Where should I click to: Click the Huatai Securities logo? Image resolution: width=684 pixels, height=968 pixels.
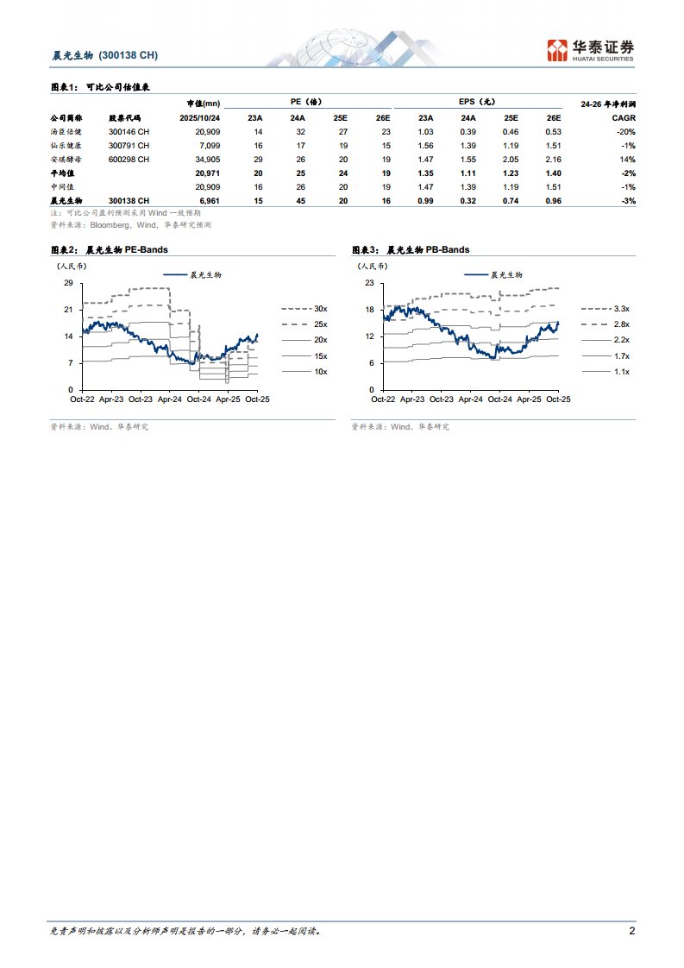pyautogui.click(x=592, y=50)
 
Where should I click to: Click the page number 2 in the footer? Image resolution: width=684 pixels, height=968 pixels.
pyautogui.click(x=631, y=931)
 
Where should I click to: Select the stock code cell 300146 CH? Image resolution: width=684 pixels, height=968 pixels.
pyautogui.click(x=129, y=131)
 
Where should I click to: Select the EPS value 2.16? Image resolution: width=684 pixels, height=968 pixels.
pyautogui.click(x=554, y=159)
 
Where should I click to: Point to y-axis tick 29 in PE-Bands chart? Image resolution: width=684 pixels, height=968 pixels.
pyautogui.click(x=68, y=282)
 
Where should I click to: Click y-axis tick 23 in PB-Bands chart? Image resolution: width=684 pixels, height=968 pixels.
pyautogui.click(x=369, y=282)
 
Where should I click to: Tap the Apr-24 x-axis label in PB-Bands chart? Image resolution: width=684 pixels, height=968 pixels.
pyautogui.click(x=471, y=399)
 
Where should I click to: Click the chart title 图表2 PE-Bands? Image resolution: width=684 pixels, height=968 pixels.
pyautogui.click(x=110, y=249)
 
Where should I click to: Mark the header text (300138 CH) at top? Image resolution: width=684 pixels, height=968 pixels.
pyautogui.click(x=129, y=55)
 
